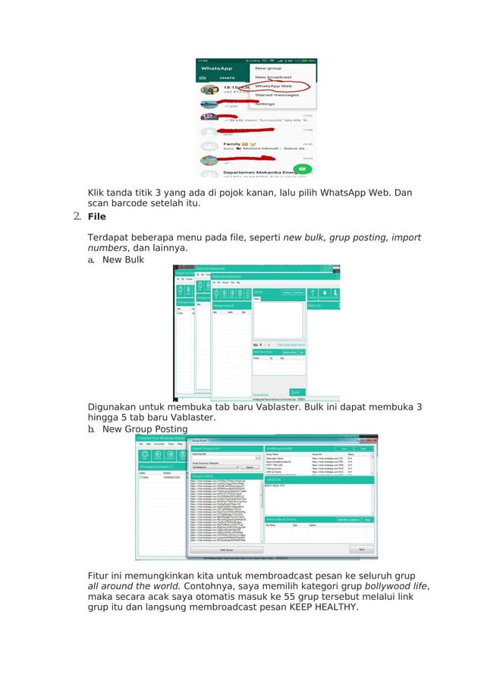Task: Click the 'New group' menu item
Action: pyautogui.click(x=268, y=68)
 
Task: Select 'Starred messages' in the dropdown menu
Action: pyautogui.click(x=276, y=95)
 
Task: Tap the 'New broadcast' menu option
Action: pyautogui.click(x=272, y=77)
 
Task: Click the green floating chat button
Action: pyautogui.click(x=303, y=168)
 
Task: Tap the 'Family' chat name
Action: pyautogui.click(x=231, y=143)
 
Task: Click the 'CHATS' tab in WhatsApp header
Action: pyautogui.click(x=227, y=77)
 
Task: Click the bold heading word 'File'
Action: pyautogui.click(x=96, y=217)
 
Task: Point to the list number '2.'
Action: pyautogui.click(x=77, y=217)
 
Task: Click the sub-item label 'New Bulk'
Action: pyautogui.click(x=123, y=259)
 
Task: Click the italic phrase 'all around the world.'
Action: pyautogui.click(x=134, y=585)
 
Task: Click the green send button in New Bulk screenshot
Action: pyautogui.click(x=295, y=391)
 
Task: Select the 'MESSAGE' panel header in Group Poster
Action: pyautogui.click(x=273, y=480)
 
